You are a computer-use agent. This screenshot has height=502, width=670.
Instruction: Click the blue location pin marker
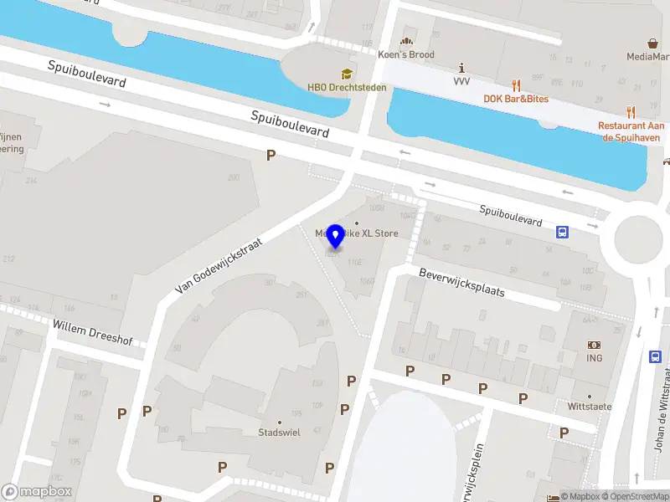pyautogui.click(x=335, y=237)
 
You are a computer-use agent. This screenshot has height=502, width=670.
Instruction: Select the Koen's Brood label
pyautogui.click(x=406, y=54)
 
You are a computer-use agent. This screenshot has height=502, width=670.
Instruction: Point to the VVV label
pyautogui.click(x=461, y=81)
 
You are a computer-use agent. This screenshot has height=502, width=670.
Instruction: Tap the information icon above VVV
pyautogui.click(x=461, y=67)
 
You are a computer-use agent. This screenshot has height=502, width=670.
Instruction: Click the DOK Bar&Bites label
pyautogui.click(x=516, y=99)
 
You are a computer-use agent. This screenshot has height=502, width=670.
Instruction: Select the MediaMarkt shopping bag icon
pyautogui.click(x=652, y=43)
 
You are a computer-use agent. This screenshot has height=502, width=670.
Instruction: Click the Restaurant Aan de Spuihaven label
pyautogui.click(x=630, y=131)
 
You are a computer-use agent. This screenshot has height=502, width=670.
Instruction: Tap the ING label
pyautogui.click(x=595, y=359)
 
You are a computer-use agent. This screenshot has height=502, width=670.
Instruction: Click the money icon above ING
pyautogui.click(x=595, y=345)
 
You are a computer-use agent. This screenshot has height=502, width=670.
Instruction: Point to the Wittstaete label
pyautogui.click(x=590, y=407)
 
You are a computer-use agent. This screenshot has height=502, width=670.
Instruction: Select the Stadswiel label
pyautogui.click(x=279, y=433)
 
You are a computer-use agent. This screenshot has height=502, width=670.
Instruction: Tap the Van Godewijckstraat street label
pyautogui.click(x=219, y=264)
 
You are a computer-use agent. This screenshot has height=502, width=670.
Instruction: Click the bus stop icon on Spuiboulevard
pyautogui.click(x=562, y=233)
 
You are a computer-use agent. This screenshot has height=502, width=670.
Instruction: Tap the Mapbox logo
pyautogui.click(x=37, y=492)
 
